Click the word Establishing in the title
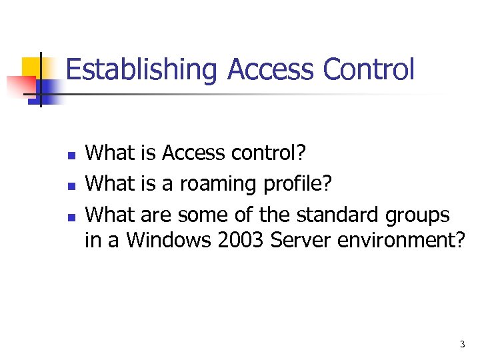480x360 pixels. [x=143, y=70]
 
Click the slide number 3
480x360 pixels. [x=462, y=345]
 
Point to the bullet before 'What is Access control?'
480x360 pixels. [x=71, y=155]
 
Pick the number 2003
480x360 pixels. [x=242, y=240]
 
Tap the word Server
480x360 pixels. [x=304, y=240]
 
